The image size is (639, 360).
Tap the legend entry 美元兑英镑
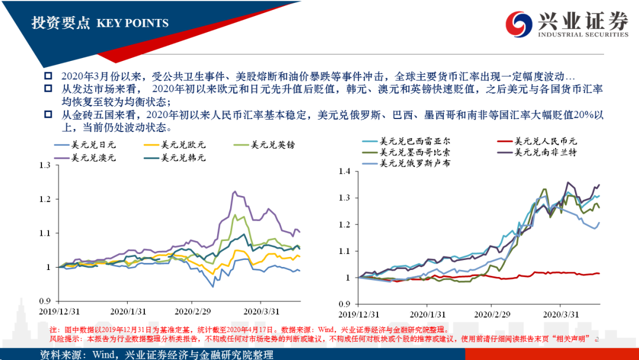[x=270, y=144]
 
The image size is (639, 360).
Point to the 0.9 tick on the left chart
[x=46, y=301]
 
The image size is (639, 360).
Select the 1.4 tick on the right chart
[x=343, y=172]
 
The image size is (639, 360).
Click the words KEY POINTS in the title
[x=133, y=24]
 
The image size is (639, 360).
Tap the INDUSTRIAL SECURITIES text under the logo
[x=583, y=35]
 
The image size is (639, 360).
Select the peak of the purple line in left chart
[x=234, y=192]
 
